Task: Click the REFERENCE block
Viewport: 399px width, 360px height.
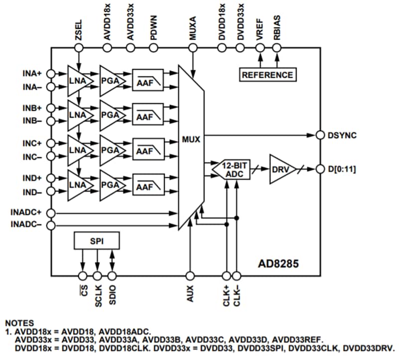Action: (267, 75)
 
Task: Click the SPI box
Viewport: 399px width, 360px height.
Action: (97, 240)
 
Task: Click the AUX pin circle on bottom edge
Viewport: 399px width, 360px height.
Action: (190, 275)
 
